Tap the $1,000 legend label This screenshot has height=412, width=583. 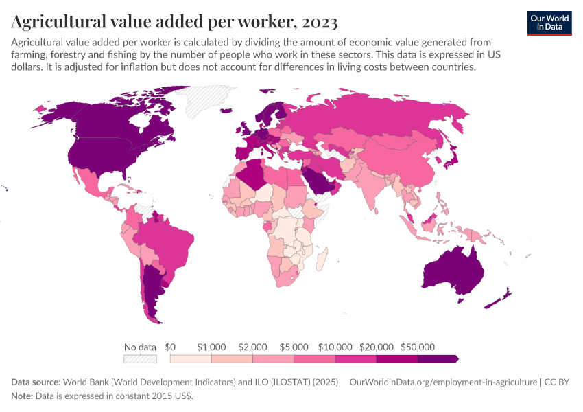211,347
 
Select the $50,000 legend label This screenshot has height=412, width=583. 418,347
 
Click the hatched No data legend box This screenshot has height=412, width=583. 140,358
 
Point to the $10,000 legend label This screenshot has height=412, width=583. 335,347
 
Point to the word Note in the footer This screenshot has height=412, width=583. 22,396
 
